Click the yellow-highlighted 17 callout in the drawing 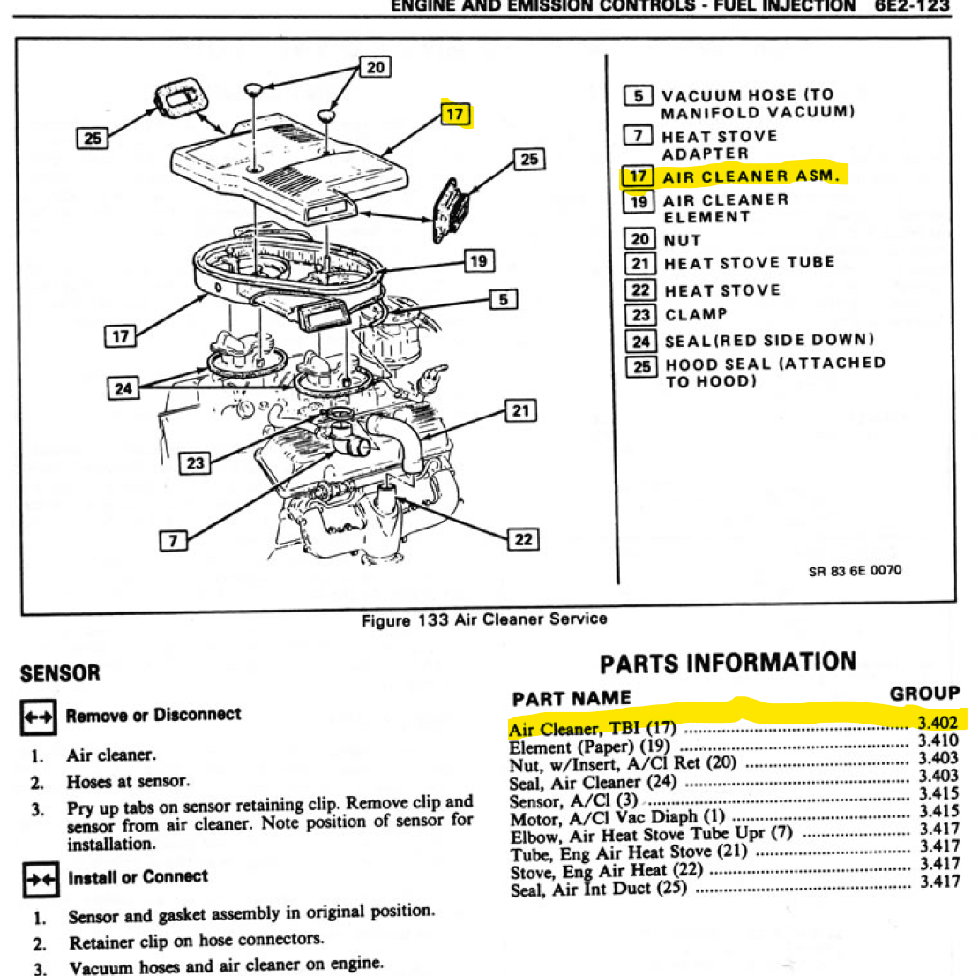pos(455,114)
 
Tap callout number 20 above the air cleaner pos(376,67)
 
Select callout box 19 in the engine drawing pos(478,261)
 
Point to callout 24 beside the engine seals pos(123,388)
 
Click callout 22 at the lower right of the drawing pos(524,538)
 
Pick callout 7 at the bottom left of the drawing pos(173,540)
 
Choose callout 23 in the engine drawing pos(195,462)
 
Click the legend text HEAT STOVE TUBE pos(749,263)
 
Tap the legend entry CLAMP pos(696,314)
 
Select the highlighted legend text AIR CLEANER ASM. pos(749,176)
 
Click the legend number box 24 pos(640,341)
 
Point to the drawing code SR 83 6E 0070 pos(855,570)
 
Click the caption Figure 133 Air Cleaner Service pos(484,619)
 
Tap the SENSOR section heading pos(60,674)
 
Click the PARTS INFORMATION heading pos(728,664)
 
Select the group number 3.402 pos(938,723)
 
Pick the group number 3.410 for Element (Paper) pos(938,740)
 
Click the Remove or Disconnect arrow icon pos(38,717)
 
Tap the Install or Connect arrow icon pos(39,879)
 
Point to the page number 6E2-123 pos(913,6)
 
